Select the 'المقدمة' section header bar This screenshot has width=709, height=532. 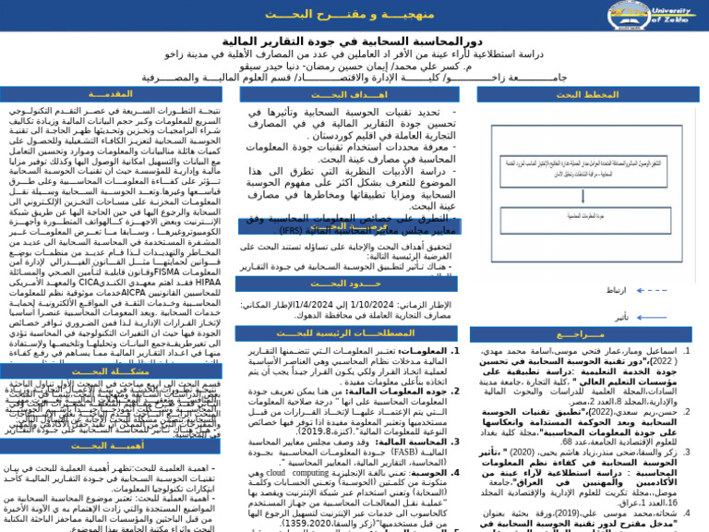pos(116,94)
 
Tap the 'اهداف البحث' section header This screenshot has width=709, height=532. pos(348,94)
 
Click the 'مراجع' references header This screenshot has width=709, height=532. pos(587,334)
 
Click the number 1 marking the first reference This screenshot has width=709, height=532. pos(686,351)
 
